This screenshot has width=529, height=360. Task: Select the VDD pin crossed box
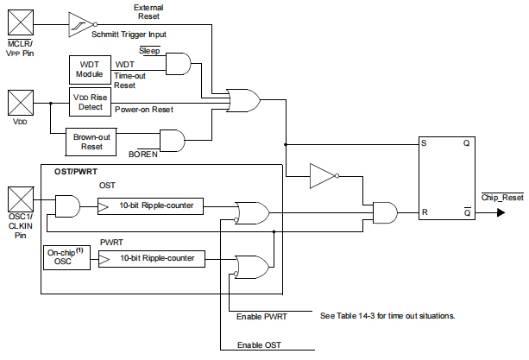point(20,104)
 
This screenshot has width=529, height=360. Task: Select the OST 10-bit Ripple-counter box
point(150,207)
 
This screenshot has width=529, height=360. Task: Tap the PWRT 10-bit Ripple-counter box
point(150,257)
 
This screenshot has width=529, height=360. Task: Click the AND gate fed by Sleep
point(179,63)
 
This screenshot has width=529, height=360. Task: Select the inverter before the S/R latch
point(324,178)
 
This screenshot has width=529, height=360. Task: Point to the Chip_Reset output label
point(501,199)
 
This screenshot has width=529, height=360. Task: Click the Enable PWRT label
point(261,317)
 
